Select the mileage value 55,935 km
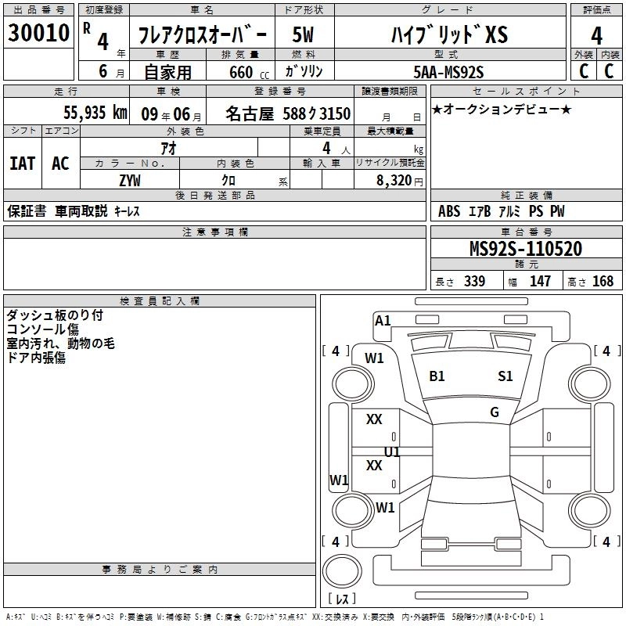95,112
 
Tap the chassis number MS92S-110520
525,249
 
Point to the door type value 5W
303,34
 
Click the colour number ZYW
130,180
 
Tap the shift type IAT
23,163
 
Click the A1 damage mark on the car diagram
383,320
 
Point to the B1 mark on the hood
437,376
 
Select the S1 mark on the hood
505,376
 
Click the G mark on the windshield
495,412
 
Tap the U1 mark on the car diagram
392,452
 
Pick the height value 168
603,281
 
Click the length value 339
474,281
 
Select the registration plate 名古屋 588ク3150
287,113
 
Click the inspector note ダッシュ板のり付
54,315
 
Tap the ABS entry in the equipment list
449,211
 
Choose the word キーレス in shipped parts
128,211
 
